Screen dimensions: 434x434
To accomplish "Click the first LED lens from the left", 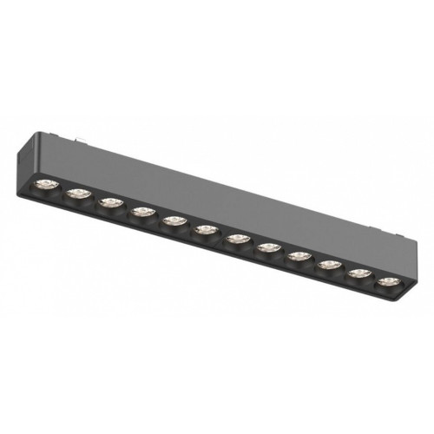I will pos(44,185).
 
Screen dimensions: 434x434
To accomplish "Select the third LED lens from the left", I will pos(109,203).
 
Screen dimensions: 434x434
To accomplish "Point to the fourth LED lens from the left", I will pos(141,212).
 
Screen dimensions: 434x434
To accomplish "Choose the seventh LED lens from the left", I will pos(237,238).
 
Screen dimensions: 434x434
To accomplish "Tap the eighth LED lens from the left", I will pos(268,247).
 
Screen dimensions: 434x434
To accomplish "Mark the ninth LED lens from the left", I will pos(299,256).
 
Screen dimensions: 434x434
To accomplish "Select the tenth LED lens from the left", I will pos(329,264).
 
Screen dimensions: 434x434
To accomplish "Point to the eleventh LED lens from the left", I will pos(359,273).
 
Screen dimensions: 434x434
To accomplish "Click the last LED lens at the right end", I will pos(388,281).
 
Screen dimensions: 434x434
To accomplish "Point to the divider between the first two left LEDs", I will pos(61,190).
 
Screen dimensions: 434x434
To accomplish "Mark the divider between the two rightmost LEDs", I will pos(374,278).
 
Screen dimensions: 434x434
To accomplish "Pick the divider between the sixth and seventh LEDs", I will pos(221,234).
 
